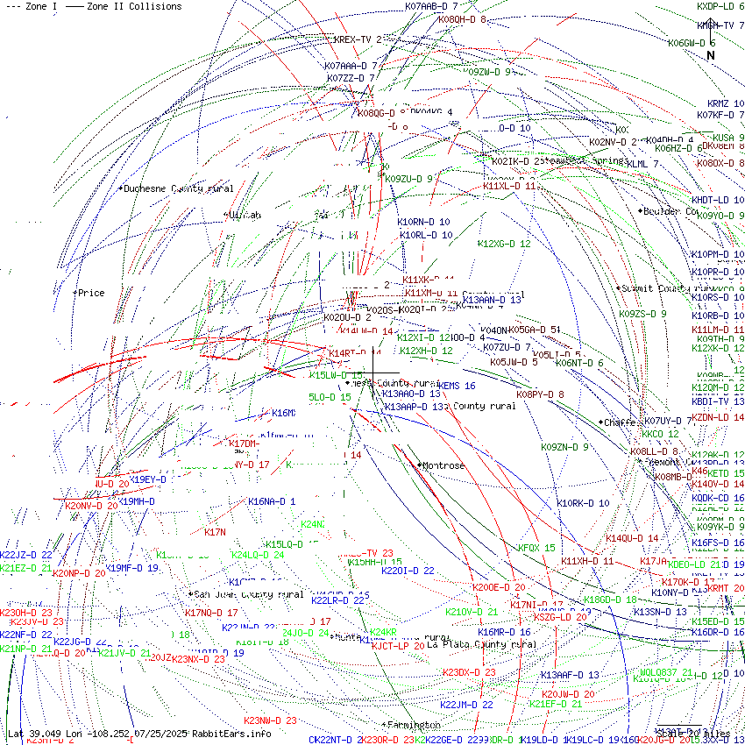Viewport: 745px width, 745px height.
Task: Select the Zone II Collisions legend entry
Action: coord(124,6)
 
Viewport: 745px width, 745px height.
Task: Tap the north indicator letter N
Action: coord(711,55)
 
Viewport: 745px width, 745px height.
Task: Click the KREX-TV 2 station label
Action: coord(358,39)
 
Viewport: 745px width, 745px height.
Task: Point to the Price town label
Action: coord(90,293)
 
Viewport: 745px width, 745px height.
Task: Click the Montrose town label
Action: coord(443,465)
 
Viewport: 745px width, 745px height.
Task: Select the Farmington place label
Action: coord(413,725)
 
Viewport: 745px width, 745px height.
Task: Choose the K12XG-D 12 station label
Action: coord(504,244)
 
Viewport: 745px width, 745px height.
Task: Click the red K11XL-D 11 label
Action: coord(509,186)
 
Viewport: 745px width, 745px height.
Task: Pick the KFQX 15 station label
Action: coord(536,548)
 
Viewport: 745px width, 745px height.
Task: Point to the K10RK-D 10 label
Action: coord(583,503)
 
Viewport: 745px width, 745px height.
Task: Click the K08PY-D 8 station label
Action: coord(540,394)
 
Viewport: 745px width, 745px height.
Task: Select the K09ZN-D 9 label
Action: coord(564,447)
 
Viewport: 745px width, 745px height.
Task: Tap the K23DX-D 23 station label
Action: coord(469,672)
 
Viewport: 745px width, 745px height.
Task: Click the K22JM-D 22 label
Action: coord(466,704)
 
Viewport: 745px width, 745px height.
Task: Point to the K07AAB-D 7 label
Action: coord(431,6)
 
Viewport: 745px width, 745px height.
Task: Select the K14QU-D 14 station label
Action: coord(631,538)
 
